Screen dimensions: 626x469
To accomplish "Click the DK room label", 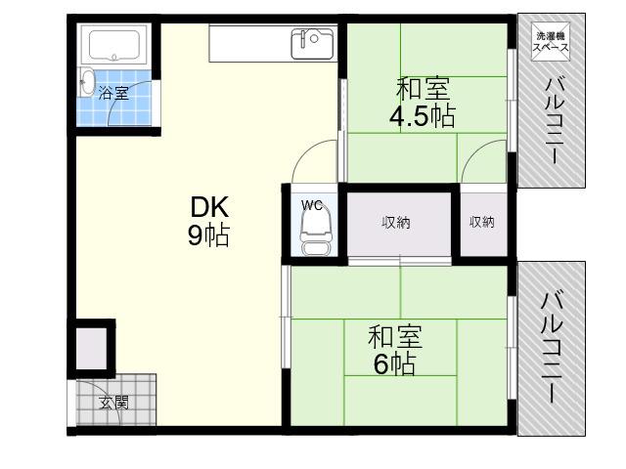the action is [x=209, y=206].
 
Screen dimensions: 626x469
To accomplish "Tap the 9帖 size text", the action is [x=208, y=235].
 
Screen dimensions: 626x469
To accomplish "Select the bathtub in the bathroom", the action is [x=114, y=45].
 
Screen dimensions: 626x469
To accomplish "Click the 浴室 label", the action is [x=113, y=94].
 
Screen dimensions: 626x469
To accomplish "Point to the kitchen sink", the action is [x=312, y=44].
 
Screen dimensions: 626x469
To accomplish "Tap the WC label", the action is [x=311, y=205].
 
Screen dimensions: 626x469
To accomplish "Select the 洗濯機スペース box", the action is [x=551, y=41].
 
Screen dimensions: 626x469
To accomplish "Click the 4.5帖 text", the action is [x=422, y=116].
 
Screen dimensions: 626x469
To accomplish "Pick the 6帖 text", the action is [x=394, y=363].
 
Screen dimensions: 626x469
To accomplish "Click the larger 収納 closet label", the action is [x=395, y=222].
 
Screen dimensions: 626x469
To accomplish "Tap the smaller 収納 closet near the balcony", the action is [x=482, y=222].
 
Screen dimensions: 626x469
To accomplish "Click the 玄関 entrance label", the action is [x=113, y=403].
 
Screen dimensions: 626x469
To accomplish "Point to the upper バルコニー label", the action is [x=554, y=121].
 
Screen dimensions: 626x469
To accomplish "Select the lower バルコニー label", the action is [x=552, y=348].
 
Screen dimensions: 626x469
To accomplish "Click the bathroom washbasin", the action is [x=87, y=82].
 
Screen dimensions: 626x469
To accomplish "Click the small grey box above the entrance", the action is [x=91, y=349].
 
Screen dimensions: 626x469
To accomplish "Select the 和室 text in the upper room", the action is [x=423, y=89].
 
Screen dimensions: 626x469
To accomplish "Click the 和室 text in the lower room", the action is [x=394, y=336].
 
